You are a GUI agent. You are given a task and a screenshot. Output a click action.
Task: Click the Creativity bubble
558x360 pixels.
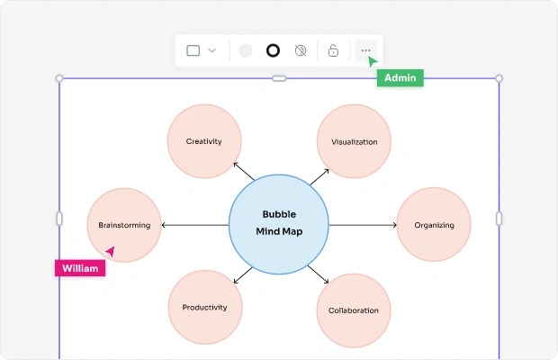pyautogui.click(x=204, y=141)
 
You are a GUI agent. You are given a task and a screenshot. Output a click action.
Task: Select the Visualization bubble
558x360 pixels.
pyautogui.click(x=354, y=141)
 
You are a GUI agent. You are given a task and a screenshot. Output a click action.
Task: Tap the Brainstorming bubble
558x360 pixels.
pyautogui.click(x=124, y=225)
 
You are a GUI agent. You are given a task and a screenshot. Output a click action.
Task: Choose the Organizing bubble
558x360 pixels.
pyautogui.click(x=435, y=225)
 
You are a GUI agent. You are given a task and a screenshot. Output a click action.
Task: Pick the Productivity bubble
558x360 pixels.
pyautogui.click(x=205, y=307)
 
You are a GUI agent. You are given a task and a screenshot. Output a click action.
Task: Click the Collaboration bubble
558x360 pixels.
pyautogui.click(x=354, y=310)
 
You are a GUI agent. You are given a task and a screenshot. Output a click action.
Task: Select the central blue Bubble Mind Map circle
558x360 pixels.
pyautogui.click(x=279, y=223)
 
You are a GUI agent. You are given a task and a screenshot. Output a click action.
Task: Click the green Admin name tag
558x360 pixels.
pyautogui.click(x=400, y=78)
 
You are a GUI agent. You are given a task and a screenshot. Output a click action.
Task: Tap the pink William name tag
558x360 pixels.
pyautogui.click(x=80, y=268)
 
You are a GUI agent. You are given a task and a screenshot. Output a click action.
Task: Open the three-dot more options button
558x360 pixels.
pyautogui.click(x=365, y=50)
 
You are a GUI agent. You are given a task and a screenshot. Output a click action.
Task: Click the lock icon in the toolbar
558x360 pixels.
pyautogui.click(x=333, y=50)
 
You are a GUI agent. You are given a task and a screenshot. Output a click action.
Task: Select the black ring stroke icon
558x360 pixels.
pyautogui.click(x=273, y=50)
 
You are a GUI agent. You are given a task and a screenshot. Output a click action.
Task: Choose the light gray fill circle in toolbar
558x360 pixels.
pyautogui.click(x=246, y=50)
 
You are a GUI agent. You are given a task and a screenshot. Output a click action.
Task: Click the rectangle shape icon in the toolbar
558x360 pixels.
pyautogui.click(x=193, y=50)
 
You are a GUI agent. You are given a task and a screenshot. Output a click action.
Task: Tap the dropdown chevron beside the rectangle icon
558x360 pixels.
pyautogui.click(x=212, y=50)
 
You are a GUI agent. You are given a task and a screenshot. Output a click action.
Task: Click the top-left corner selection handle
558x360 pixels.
pyautogui.click(x=60, y=78)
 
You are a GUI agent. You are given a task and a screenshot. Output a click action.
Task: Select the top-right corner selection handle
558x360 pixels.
pyautogui.click(x=499, y=78)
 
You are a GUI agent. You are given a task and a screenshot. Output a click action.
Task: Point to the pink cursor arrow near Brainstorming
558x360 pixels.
pyautogui.click(x=110, y=252)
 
